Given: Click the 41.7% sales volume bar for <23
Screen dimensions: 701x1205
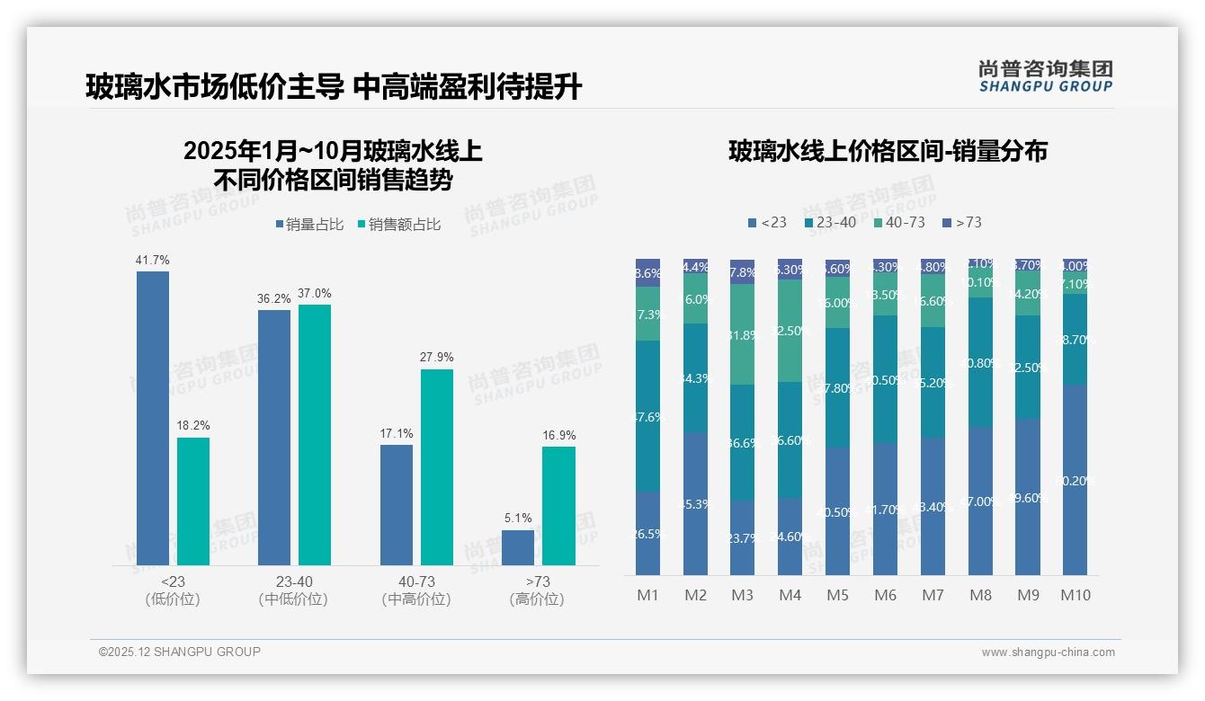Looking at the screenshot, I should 153,418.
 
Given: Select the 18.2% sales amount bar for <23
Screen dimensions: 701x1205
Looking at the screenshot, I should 193,501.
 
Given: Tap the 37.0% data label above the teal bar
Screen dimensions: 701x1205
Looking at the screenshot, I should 315,293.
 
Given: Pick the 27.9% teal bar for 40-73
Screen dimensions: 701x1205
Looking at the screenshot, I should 437,467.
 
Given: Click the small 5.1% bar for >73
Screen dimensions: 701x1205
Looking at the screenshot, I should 518,547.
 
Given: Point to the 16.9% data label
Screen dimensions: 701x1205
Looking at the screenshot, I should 559,435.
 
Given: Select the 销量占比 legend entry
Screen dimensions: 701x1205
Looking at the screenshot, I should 308,225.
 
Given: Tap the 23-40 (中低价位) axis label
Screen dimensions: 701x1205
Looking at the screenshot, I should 293,590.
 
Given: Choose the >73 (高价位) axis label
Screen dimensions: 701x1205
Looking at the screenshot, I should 537,590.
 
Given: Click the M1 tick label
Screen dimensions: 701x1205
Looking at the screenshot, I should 647,595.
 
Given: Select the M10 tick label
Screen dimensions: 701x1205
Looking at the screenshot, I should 1075,595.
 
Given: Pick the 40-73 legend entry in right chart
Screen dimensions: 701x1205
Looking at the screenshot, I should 898,222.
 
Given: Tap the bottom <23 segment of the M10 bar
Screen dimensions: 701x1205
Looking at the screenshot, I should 1075,480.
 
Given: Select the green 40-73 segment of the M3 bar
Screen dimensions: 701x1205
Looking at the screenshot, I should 742,334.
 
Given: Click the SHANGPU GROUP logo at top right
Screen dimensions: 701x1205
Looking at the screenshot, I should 1046,76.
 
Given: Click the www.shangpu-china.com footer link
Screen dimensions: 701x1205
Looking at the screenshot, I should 1048,652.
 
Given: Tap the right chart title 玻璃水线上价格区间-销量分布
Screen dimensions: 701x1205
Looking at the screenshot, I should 887,151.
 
